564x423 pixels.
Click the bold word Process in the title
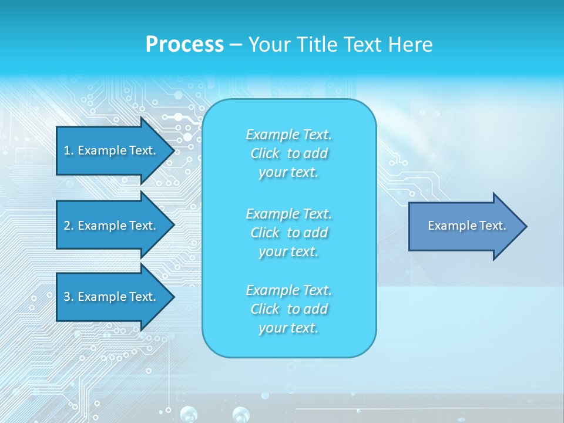pyautogui.click(x=184, y=45)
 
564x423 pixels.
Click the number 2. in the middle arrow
pyautogui.click(x=68, y=226)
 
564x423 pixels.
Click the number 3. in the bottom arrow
pyautogui.click(x=68, y=297)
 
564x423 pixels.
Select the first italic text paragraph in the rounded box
pyautogui.click(x=288, y=153)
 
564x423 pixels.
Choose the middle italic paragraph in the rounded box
pyautogui.click(x=288, y=233)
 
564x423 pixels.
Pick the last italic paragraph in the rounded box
pyautogui.click(x=288, y=309)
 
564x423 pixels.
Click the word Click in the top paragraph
pyautogui.click(x=265, y=153)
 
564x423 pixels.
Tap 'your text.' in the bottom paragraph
pyautogui.click(x=288, y=328)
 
